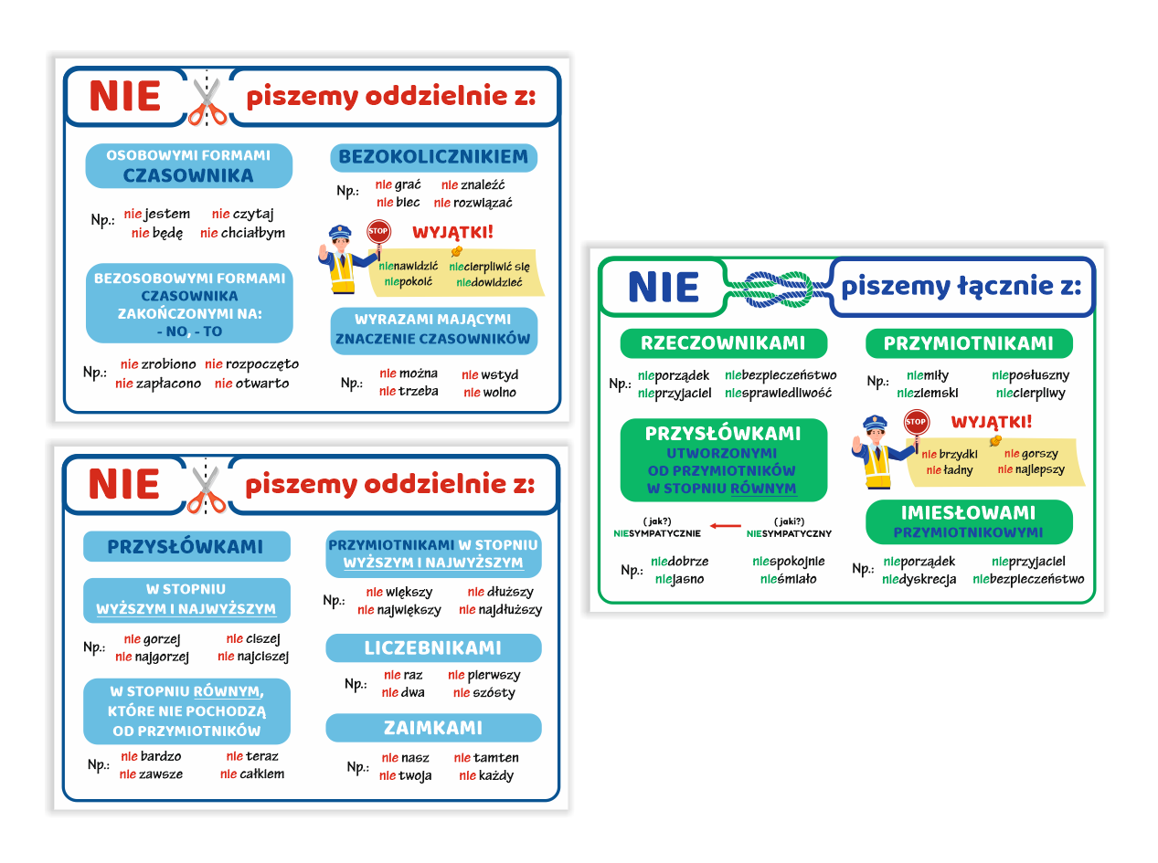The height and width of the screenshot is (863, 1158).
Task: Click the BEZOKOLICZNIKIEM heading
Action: coord(432,156)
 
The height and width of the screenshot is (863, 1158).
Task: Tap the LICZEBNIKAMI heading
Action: coord(432,647)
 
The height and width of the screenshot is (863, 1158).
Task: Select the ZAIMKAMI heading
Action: coord(432,728)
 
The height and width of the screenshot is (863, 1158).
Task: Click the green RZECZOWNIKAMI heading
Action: coord(723,343)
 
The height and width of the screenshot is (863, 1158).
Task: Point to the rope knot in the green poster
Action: coord(777,289)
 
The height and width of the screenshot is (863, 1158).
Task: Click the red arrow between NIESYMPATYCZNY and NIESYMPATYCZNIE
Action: coord(726,526)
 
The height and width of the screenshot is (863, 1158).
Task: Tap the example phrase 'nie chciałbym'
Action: coord(242,233)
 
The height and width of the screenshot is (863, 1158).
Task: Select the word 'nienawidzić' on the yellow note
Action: coord(409,267)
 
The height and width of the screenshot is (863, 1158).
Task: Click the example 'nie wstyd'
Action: coord(490,374)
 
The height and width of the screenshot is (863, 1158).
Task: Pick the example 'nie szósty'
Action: coord(483,692)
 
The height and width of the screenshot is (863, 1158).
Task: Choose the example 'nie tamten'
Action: coord(486,758)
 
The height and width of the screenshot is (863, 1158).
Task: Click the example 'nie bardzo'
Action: coord(151,756)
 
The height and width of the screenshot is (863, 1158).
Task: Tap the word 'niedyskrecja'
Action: coord(919,579)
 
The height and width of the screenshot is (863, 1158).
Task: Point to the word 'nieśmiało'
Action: coord(788,579)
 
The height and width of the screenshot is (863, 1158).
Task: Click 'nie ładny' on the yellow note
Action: coord(949,469)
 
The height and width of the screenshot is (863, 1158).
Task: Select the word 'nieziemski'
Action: coord(927,393)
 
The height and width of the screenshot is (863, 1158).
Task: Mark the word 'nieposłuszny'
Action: coord(1030,375)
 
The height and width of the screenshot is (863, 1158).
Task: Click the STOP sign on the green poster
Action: coord(916,422)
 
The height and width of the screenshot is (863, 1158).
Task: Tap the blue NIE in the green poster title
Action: coord(664,288)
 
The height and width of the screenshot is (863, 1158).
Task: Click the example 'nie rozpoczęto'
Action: coord(251,364)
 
